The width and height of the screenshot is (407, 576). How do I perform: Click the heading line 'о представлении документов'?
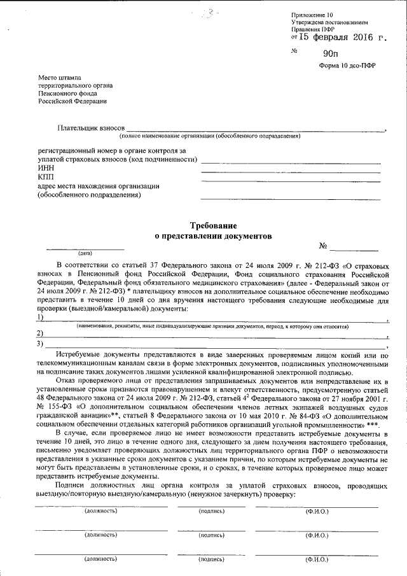point(214,235)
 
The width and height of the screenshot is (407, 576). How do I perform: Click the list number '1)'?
point(41,317)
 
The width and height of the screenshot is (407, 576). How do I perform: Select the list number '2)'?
point(41,334)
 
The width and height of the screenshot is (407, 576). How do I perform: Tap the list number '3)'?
point(41,344)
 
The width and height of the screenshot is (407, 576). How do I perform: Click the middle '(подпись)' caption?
point(211,535)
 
